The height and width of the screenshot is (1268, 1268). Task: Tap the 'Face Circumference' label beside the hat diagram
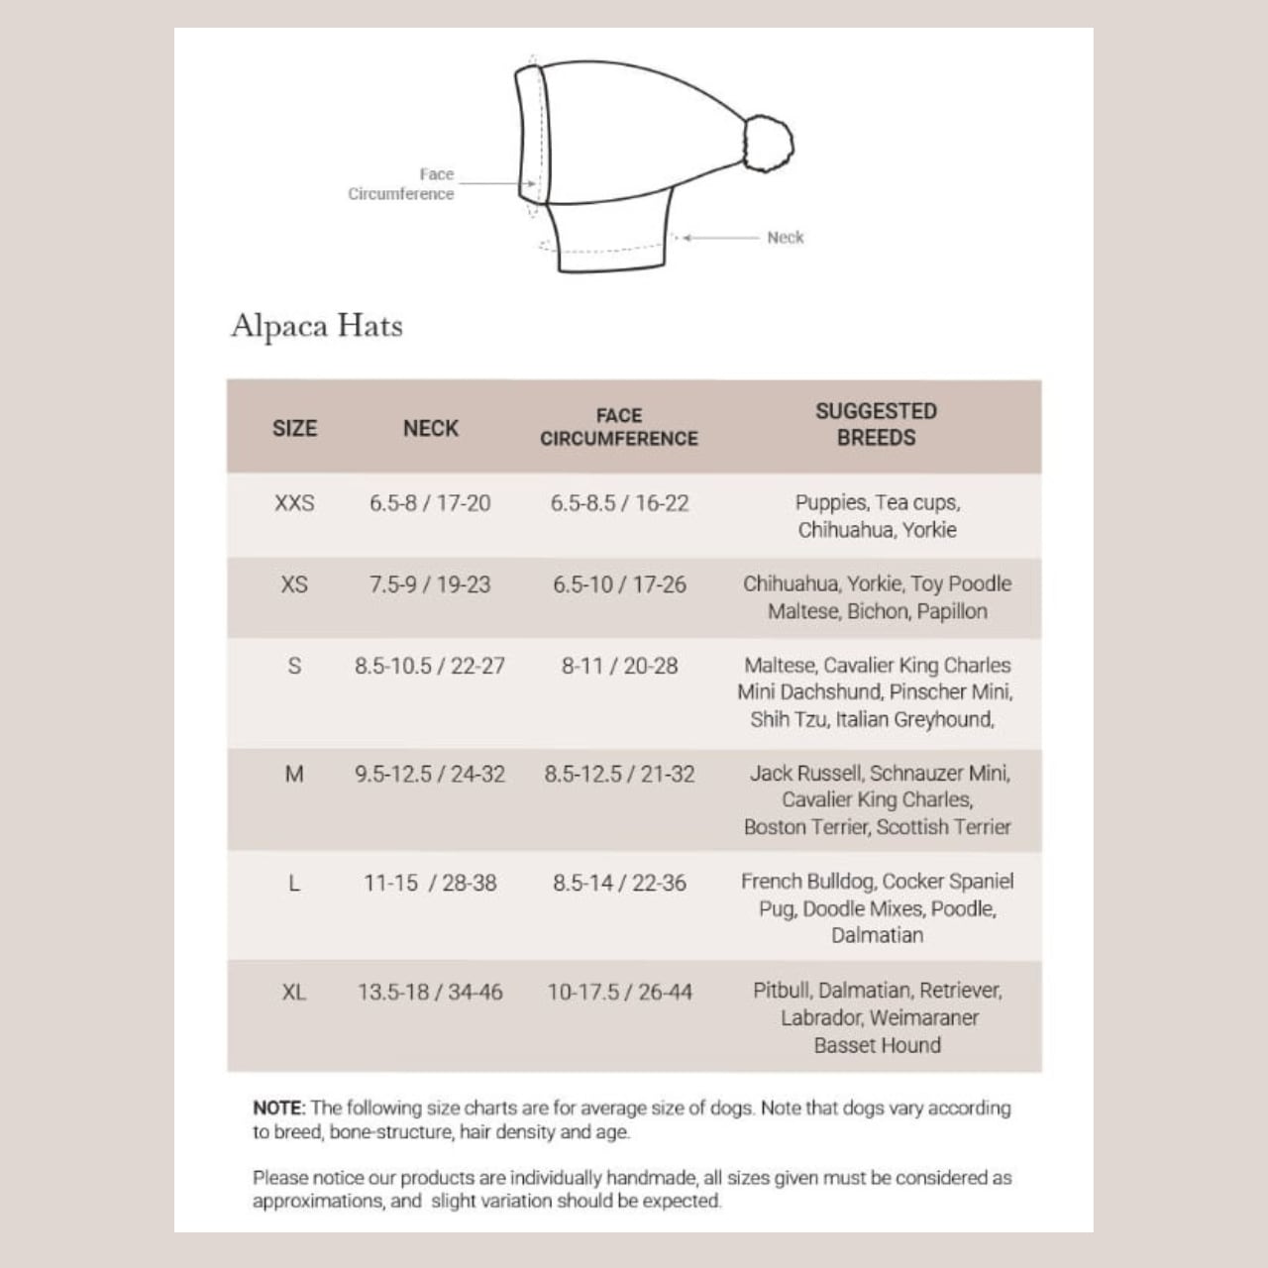tap(401, 184)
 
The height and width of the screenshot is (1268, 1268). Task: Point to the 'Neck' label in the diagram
tap(785, 238)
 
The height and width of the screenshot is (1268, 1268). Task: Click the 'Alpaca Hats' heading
tap(317, 326)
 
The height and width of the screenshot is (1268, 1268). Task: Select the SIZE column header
tap(294, 428)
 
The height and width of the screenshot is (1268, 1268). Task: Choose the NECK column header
tap(431, 428)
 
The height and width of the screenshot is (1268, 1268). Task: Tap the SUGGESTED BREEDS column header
tap(876, 424)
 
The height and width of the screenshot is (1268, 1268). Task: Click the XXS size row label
tap(294, 503)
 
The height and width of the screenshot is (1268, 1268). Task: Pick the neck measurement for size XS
tap(430, 584)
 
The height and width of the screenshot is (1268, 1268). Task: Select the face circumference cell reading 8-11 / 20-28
tap(619, 666)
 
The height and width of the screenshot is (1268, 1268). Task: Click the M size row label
tap(294, 774)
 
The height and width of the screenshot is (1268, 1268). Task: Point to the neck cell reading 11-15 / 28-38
tap(430, 883)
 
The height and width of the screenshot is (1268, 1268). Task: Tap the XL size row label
tap(294, 992)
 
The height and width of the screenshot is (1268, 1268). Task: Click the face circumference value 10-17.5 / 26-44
tap(619, 992)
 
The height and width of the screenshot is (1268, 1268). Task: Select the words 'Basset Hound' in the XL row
tap(877, 1045)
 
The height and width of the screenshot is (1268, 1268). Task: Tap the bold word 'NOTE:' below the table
tap(279, 1108)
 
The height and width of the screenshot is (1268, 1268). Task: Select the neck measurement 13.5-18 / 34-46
tap(430, 992)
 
